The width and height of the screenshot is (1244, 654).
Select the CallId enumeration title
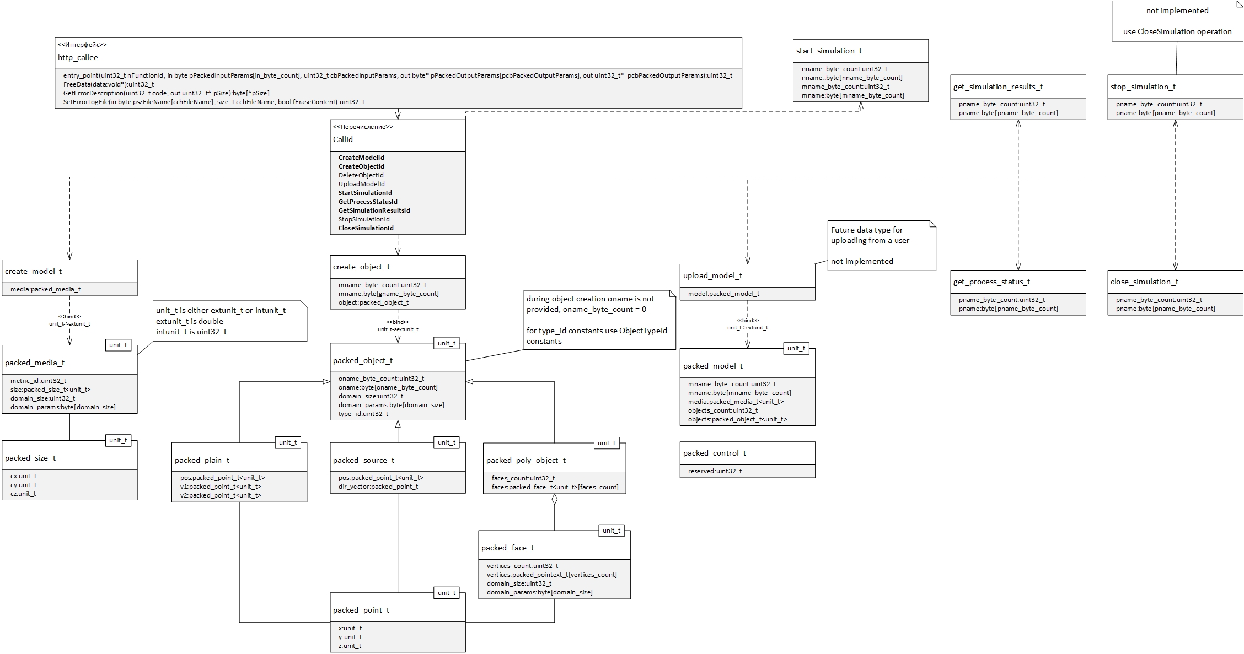(343, 139)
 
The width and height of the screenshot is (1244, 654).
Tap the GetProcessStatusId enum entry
(368, 202)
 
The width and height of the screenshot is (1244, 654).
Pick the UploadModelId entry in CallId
(362, 184)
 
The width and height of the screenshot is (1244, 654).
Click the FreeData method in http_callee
(109, 84)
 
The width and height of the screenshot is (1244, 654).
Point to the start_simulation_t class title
(829, 51)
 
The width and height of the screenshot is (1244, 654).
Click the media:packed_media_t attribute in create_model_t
(46, 289)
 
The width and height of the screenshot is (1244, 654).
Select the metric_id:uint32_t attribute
(39, 381)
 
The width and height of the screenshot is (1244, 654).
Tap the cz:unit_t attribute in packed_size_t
(23, 494)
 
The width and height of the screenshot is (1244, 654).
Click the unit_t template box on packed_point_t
(447, 593)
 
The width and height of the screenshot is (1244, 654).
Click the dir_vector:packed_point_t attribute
(378, 487)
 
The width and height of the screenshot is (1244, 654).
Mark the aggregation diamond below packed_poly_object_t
(555, 500)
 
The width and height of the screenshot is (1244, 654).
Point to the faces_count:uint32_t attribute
(523, 478)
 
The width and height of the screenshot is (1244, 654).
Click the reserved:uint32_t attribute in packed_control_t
(715, 471)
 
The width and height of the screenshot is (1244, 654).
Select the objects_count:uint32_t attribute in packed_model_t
(723, 410)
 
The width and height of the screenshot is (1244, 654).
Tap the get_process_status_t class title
(991, 282)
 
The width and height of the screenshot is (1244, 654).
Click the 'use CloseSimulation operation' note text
(1177, 31)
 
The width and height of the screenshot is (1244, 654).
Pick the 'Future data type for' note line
(867, 230)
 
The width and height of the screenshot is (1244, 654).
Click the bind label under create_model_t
(69, 320)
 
